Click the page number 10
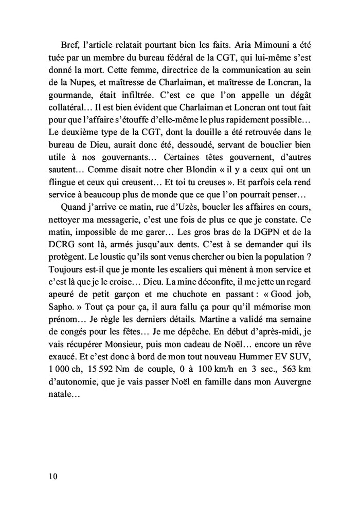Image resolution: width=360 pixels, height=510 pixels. (51, 476)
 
